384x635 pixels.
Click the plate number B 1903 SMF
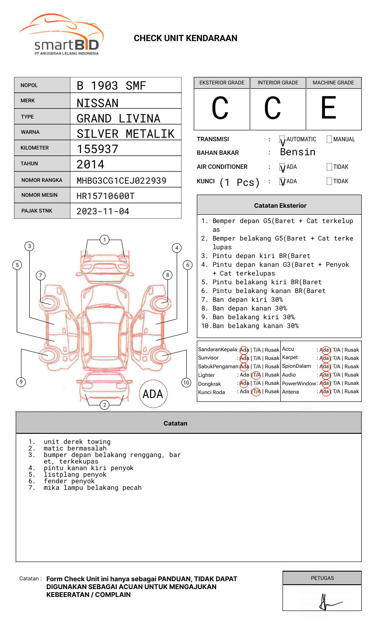[x=111, y=86]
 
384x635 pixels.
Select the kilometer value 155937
[x=98, y=149]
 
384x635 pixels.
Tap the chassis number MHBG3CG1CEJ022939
[x=121, y=181]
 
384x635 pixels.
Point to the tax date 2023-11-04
[x=103, y=212]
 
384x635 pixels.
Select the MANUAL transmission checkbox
[x=329, y=140]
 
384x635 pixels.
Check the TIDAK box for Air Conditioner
[x=329, y=167]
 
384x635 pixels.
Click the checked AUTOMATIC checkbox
[x=283, y=140]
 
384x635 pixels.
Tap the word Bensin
[x=297, y=152]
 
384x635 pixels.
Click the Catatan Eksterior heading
[x=280, y=206]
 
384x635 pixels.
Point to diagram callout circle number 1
[x=104, y=240]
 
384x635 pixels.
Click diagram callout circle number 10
[x=186, y=383]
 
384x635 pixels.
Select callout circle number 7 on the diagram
[x=41, y=275]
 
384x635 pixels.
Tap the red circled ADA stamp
[x=153, y=394]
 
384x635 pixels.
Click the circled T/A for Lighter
[x=256, y=375]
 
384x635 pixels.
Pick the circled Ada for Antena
[x=325, y=392]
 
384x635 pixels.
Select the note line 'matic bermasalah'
[x=75, y=448]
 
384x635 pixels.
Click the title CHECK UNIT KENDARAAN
[x=185, y=38]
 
